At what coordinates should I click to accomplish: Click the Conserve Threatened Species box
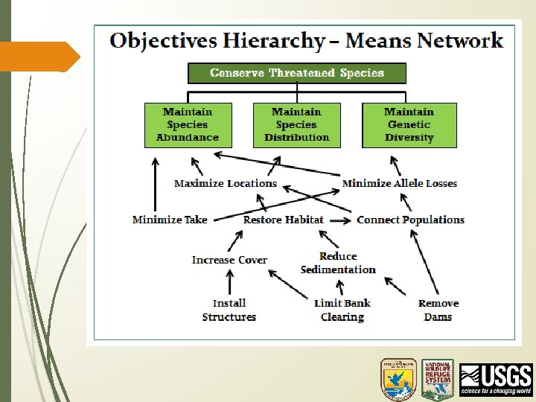click(296, 73)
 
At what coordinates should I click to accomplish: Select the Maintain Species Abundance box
click(188, 124)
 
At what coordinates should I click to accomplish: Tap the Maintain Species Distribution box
click(296, 124)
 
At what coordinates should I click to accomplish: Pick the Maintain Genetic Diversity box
click(409, 124)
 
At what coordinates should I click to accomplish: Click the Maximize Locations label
click(225, 183)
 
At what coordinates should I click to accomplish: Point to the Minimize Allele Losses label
click(399, 183)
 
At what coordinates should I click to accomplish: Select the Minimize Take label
click(170, 220)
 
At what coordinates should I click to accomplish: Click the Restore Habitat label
click(283, 220)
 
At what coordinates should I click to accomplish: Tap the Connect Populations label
click(410, 220)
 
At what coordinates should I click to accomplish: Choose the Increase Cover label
click(229, 260)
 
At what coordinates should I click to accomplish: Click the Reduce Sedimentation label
click(338, 263)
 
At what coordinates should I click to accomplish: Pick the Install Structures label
click(229, 310)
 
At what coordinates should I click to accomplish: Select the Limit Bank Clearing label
click(342, 310)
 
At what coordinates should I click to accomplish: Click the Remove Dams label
click(438, 310)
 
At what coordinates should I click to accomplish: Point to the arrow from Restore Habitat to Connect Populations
click(339, 220)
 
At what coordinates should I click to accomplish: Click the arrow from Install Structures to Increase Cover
click(229, 283)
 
